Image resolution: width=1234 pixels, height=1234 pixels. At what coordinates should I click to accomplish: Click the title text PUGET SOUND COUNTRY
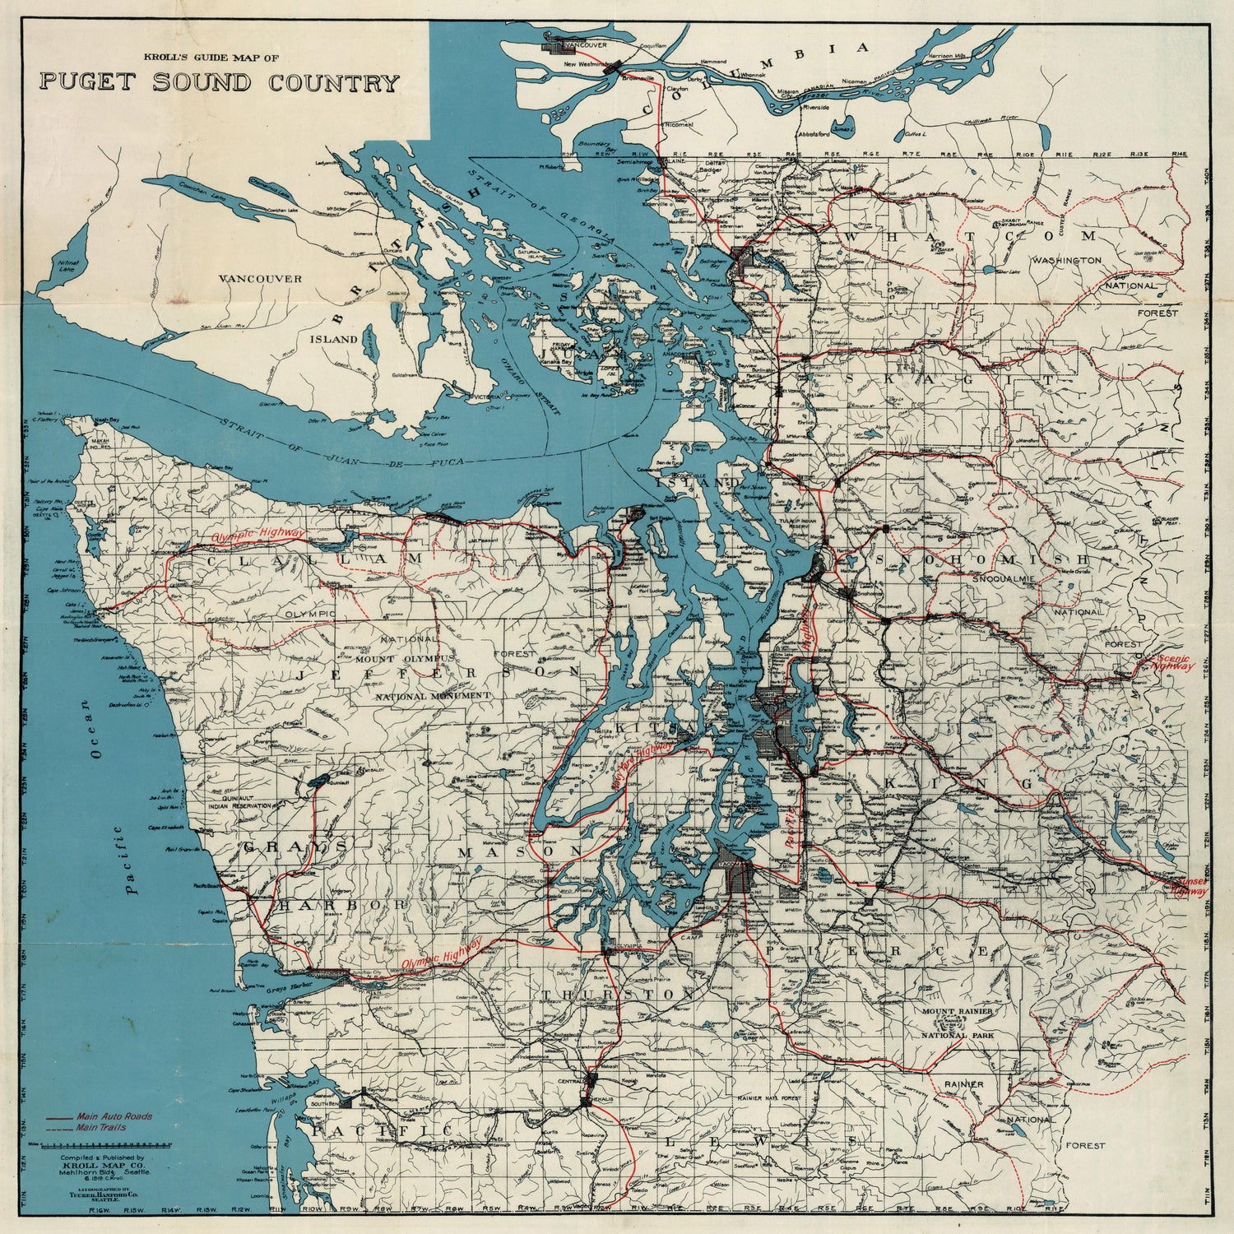(218, 83)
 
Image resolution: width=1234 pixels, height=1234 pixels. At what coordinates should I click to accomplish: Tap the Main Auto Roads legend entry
(114, 1117)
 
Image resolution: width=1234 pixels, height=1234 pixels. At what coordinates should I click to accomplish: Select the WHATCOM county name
(971, 237)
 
